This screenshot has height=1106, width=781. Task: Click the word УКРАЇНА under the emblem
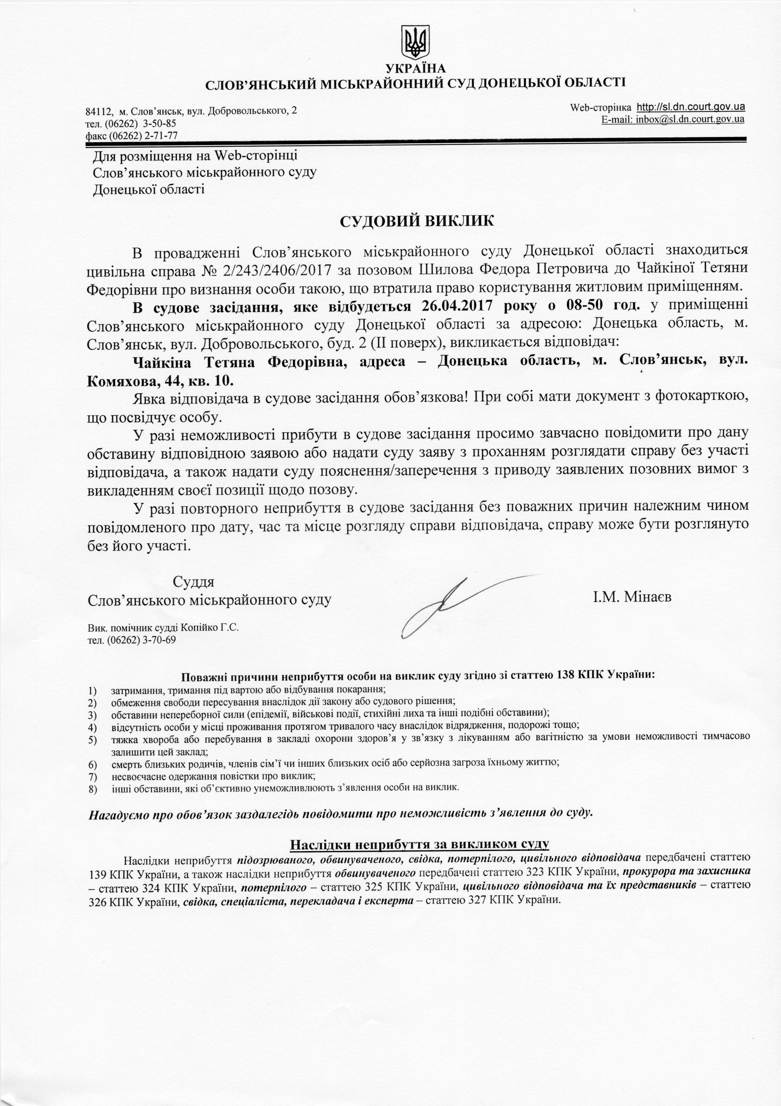coord(415,69)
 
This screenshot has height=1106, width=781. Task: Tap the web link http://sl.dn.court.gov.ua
coord(691,106)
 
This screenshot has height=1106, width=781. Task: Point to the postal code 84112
coord(99,111)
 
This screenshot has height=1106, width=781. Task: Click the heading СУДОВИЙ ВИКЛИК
coord(417,221)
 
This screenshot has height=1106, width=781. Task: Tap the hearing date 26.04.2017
coord(458,306)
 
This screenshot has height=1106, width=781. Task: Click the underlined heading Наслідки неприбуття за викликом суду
coord(419,844)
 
